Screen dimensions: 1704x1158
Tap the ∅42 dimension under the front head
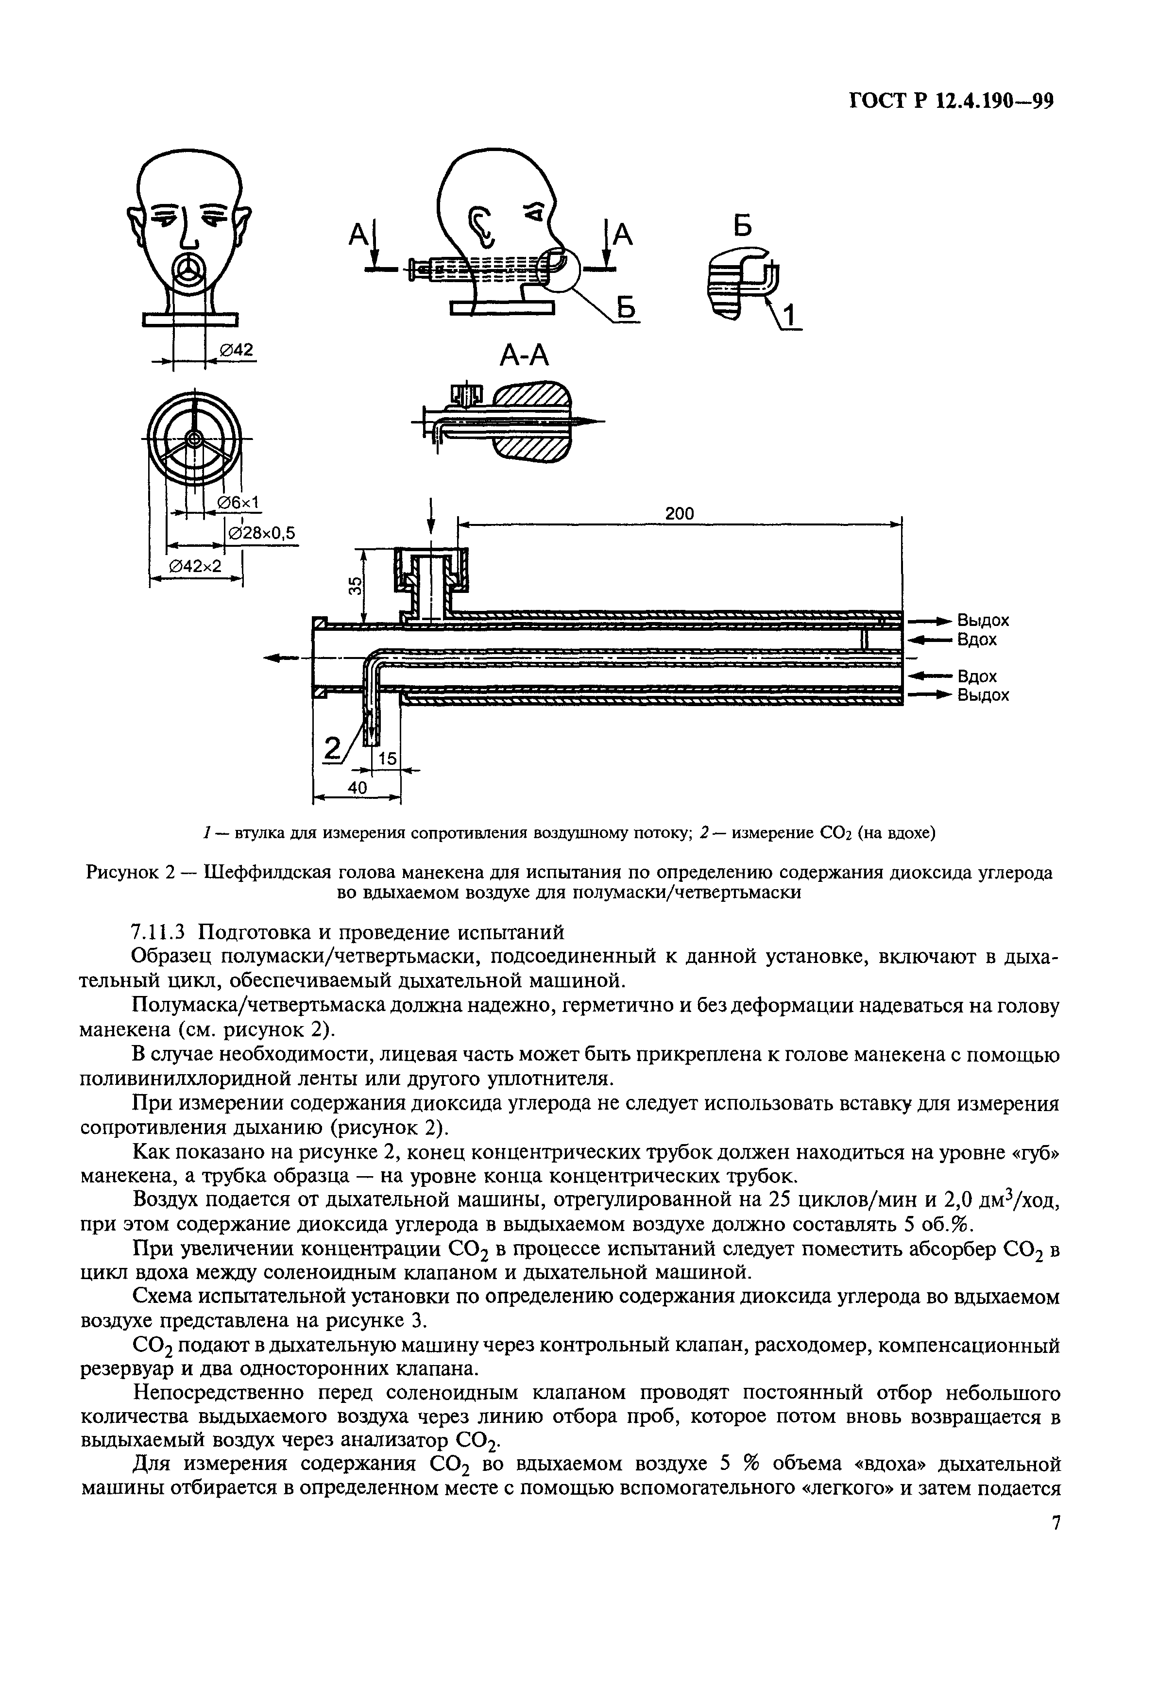pyautogui.click(x=236, y=351)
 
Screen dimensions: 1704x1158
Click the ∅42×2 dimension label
pyautogui.click(x=195, y=565)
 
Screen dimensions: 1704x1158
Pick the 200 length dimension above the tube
pyautogui.click(x=679, y=513)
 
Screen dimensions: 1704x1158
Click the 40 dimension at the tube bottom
pyautogui.click(x=357, y=787)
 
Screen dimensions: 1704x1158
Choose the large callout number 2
pyautogui.click(x=334, y=749)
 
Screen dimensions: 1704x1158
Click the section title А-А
pyautogui.click(x=524, y=355)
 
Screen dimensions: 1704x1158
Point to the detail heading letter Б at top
pyautogui.click(x=743, y=227)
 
